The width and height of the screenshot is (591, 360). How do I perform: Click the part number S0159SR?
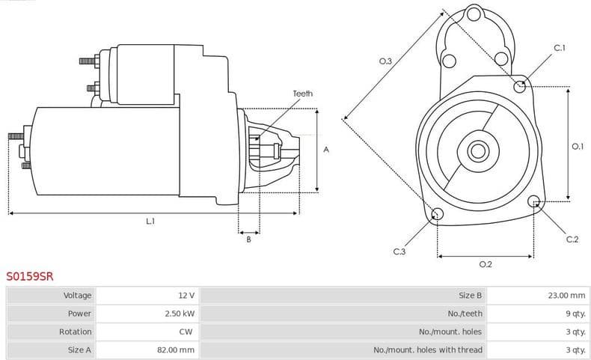coord(30,276)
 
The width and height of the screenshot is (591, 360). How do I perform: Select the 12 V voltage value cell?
coord(186,296)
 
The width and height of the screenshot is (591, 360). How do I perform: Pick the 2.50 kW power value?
coord(180,314)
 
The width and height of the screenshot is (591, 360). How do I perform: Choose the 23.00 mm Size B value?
coord(566,296)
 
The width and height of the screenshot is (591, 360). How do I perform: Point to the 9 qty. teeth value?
coord(575,314)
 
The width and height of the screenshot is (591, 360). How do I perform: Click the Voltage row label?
coord(78,296)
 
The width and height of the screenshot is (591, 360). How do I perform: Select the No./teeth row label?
coord(465,314)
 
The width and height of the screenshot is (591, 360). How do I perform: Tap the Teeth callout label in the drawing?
coord(303,94)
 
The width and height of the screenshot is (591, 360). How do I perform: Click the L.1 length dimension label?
coord(150,221)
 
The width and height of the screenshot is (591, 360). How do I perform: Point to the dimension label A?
coord(325,150)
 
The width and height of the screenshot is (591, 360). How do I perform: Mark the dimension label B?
coord(248,239)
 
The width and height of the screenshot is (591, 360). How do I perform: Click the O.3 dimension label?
coord(385,61)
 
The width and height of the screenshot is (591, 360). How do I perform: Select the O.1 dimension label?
coord(577,147)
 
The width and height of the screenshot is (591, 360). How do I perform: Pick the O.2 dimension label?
coord(485,264)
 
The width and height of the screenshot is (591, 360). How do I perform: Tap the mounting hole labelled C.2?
coord(534,201)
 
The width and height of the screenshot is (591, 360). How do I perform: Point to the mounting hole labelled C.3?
coord(438,216)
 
